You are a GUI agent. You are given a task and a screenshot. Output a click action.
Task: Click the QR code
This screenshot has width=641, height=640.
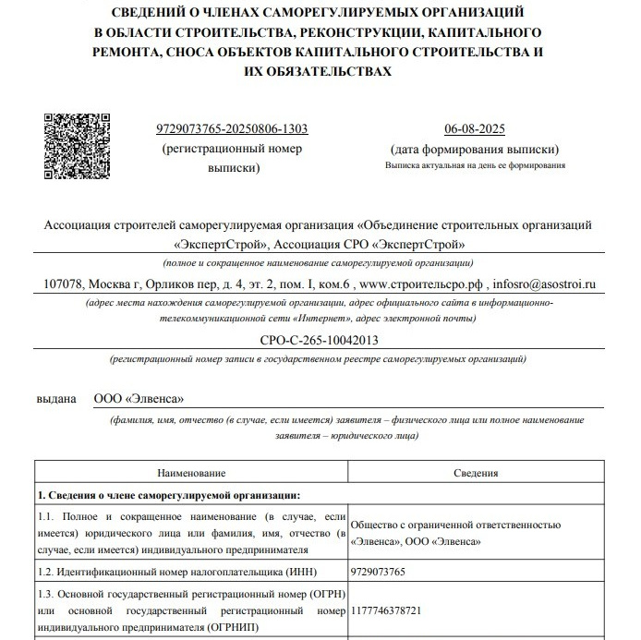point(79,147)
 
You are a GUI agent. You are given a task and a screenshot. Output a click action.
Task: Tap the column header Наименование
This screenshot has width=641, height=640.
point(191,473)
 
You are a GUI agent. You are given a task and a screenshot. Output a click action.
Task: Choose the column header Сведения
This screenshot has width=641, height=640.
point(476,473)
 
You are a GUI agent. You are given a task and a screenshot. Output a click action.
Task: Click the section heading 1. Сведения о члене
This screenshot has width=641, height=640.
point(167,494)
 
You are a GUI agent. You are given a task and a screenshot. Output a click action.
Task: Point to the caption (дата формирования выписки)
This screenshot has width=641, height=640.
point(475,150)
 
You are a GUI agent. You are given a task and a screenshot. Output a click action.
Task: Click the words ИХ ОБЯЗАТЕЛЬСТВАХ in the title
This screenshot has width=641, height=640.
point(318,70)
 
